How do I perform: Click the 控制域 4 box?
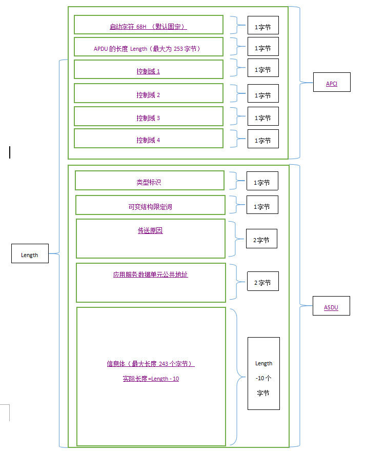tap(148, 139)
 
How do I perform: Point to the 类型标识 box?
tap(149, 181)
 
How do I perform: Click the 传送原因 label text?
tap(150, 231)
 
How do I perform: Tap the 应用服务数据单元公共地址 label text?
tap(151, 274)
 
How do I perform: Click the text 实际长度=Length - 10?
tap(151, 379)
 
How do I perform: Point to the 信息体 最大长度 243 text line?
tap(151, 364)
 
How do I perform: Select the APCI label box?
tap(332, 83)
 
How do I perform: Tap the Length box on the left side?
tap(30, 254)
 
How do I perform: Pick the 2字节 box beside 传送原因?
tap(261, 239)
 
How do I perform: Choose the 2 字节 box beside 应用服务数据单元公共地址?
tap(263, 282)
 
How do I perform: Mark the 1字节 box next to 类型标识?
tap(262, 182)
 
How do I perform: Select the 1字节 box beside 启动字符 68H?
tap(263, 26)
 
